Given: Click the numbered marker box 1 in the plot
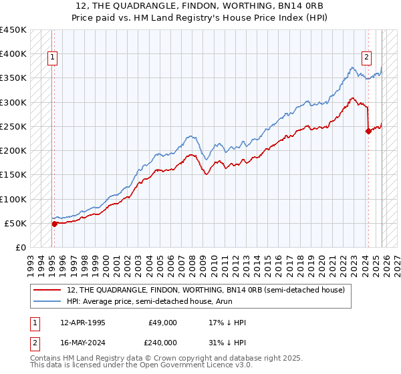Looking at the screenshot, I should click(x=52, y=57).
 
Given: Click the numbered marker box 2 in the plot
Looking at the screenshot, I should click(x=367, y=57).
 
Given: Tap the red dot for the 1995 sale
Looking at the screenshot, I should click(x=55, y=224).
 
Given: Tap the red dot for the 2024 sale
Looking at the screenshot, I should click(x=368, y=131).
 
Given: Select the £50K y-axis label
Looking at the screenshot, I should click(x=15, y=223).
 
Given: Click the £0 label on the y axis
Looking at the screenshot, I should click(x=21, y=248).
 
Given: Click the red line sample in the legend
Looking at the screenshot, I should click(x=48, y=290).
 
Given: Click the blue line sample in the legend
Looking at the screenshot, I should click(x=48, y=301).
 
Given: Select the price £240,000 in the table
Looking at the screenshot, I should click(x=162, y=342).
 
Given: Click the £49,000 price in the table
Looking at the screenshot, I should click(x=162, y=323).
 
